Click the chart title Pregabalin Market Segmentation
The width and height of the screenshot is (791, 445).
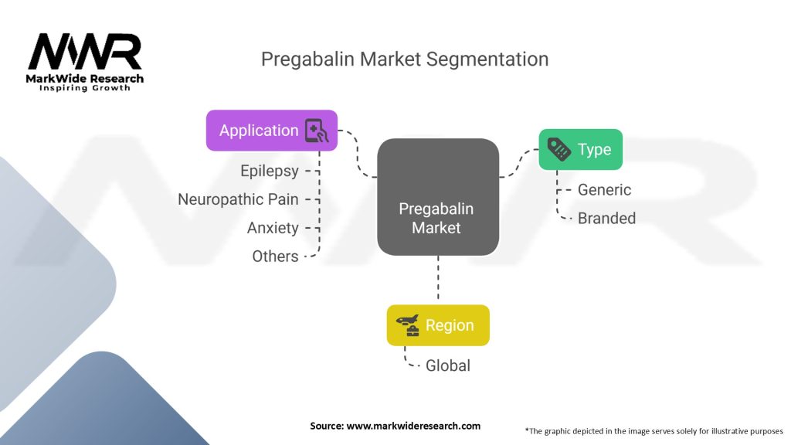(404, 59)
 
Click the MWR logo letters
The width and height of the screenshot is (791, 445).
(85, 52)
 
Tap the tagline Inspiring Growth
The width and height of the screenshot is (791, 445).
(85, 88)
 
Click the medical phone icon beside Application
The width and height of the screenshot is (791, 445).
(317, 131)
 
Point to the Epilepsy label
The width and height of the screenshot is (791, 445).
(269, 171)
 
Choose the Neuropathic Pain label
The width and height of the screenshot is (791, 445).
(238, 199)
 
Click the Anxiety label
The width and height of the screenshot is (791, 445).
(273, 228)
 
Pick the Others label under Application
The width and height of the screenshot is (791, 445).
(275, 256)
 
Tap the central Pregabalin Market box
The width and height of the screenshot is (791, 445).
(437, 197)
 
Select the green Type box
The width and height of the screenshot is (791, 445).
(580, 150)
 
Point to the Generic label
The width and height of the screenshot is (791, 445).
(604, 189)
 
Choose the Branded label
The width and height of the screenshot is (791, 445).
(606, 218)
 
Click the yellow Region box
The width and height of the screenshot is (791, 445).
(438, 325)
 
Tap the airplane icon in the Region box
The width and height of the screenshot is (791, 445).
(407, 324)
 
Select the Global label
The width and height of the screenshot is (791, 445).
(448, 365)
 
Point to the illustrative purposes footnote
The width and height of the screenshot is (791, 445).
(654, 430)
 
